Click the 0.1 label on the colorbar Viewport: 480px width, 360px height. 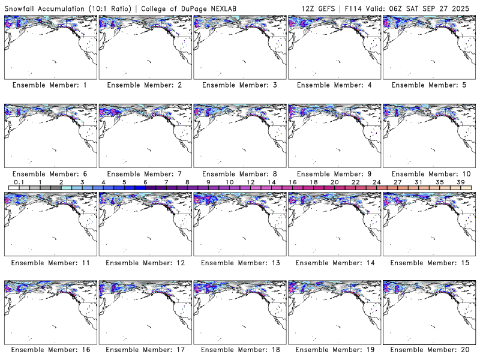[x=19, y=182]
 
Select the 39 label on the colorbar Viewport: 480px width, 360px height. [x=460, y=182]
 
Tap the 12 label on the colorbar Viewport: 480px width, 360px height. [x=250, y=182]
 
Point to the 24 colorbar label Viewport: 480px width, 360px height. [x=376, y=182]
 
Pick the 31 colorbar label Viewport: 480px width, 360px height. [x=418, y=182]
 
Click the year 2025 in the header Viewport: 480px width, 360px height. [x=465, y=8]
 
